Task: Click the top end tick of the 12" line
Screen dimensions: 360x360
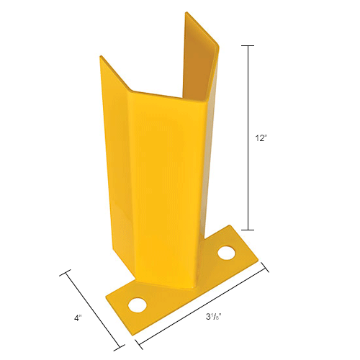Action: [x=249, y=46]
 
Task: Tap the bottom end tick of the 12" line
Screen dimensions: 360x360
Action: [x=249, y=228]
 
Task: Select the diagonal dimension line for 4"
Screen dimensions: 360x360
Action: [x=94, y=310]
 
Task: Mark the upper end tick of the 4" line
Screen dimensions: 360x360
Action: [x=67, y=271]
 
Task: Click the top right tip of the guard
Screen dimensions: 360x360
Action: [x=188, y=13]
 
